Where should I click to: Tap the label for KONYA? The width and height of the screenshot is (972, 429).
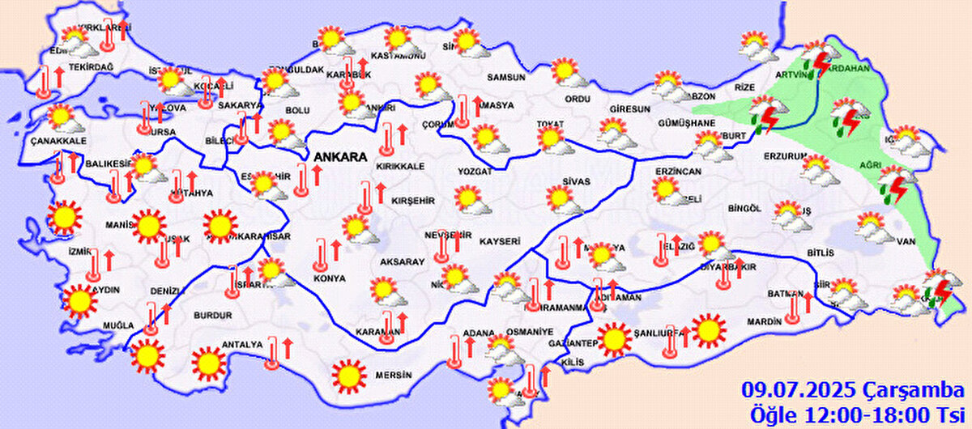pos(330,278)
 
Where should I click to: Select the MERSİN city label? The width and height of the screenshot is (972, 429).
pos(394,376)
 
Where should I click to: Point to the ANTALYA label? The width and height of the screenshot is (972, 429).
pos(244,344)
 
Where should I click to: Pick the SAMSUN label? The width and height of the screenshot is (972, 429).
pos(505,78)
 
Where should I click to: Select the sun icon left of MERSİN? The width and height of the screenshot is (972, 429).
pos(349,375)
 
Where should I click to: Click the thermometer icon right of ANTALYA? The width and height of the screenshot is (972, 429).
pos(274,354)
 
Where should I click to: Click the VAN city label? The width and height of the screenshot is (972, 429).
pos(906,240)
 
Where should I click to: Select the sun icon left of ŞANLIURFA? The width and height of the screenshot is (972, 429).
pos(614,338)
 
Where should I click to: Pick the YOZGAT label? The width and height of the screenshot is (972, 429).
pos(475,172)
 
